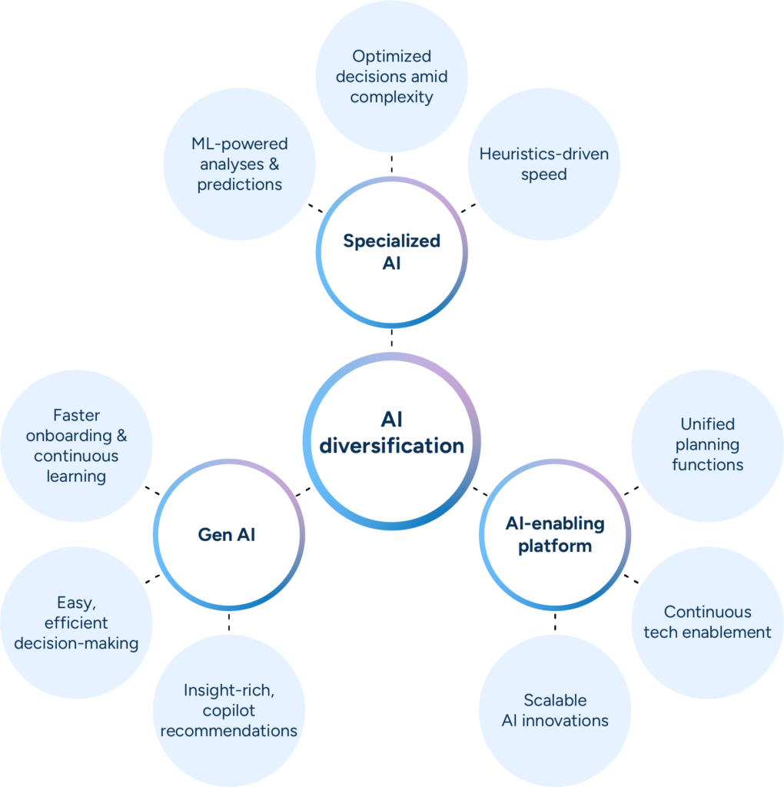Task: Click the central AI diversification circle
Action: point(391,441)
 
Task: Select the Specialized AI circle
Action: point(391,252)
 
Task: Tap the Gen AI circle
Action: point(228,533)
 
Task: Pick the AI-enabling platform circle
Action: point(554,533)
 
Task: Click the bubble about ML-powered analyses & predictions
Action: point(239,163)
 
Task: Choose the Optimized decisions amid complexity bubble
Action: point(391,76)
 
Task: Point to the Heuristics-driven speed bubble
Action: point(543,163)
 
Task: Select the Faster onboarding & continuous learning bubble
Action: point(76,446)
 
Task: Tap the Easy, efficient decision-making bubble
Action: point(76,623)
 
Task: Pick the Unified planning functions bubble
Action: point(707,444)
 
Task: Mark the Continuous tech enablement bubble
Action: point(707,622)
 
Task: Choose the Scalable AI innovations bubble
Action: point(554,709)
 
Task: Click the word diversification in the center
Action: point(392,445)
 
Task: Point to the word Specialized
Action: point(391,241)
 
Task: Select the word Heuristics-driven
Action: point(543,154)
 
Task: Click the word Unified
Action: point(707,423)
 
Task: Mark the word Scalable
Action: point(554,699)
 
